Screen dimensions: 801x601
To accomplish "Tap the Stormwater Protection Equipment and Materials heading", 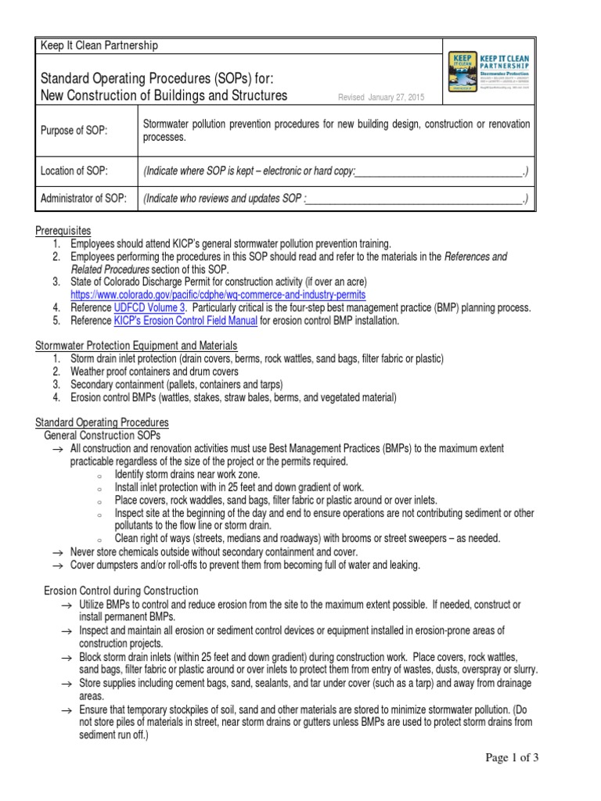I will pos(136,346).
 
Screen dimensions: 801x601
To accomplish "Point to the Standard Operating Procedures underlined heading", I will pos(102,422).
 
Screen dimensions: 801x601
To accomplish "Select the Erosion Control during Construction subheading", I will pos(121,591).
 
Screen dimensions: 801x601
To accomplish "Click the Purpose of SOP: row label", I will pos(74,131).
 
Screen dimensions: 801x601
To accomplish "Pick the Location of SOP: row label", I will pos(74,171).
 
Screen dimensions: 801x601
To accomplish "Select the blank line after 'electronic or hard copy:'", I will pos(438,171).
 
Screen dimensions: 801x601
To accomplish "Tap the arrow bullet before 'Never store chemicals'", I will pos(56,551).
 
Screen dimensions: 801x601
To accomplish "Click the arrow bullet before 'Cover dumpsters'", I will pos(56,564).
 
